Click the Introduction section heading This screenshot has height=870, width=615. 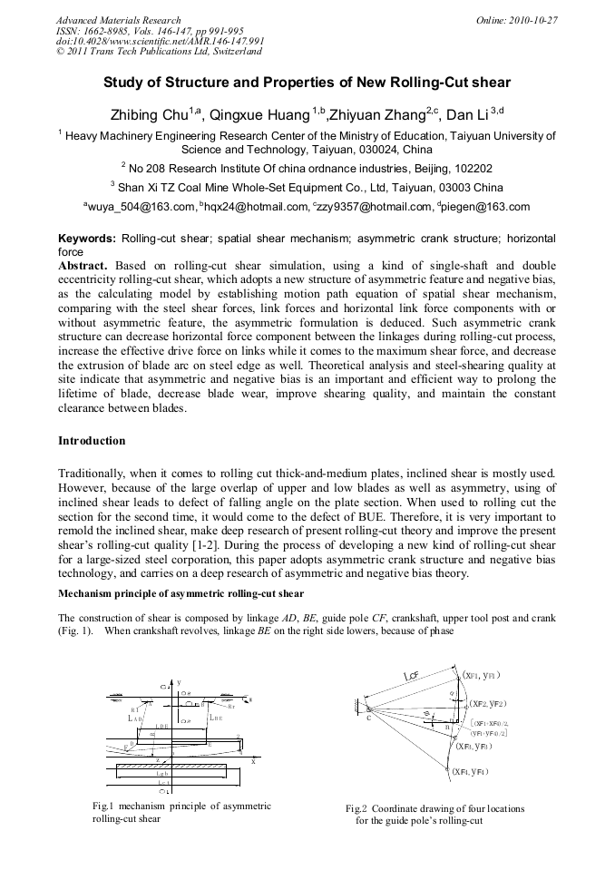(x=92, y=441)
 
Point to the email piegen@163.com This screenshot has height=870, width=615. (x=486, y=207)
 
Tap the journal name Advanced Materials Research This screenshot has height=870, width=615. (x=118, y=19)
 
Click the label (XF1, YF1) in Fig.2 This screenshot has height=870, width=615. (x=481, y=675)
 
